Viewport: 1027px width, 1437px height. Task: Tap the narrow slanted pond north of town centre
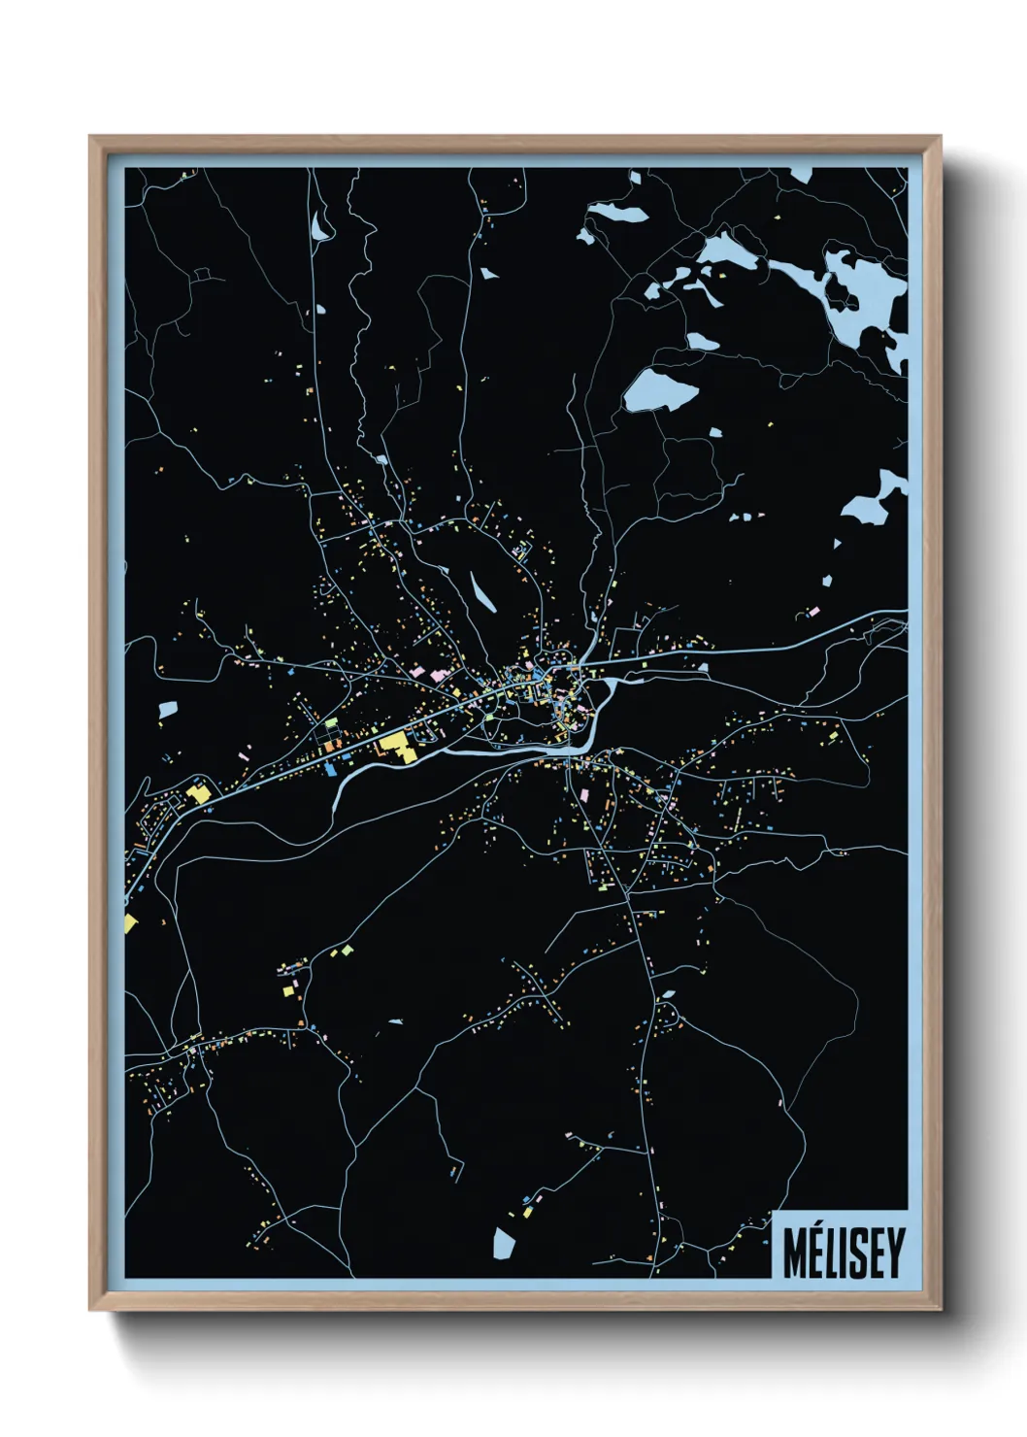coord(482,591)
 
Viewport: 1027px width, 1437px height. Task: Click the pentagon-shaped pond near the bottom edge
coord(503,1244)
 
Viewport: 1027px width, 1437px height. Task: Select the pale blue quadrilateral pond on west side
coord(168,710)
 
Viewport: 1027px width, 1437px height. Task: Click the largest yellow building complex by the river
coord(397,745)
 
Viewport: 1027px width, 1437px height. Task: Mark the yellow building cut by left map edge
coord(130,921)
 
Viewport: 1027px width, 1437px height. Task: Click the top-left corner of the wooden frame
coord(92,139)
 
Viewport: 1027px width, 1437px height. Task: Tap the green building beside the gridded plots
coord(331,723)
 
